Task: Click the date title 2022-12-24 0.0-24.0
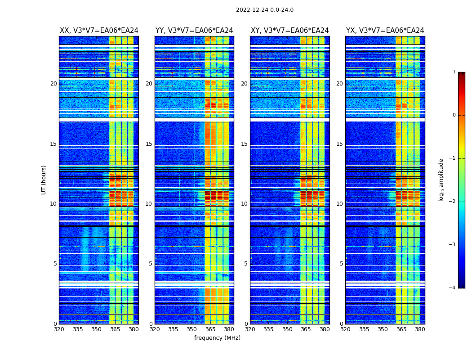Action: (x=265, y=10)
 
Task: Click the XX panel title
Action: (x=99, y=31)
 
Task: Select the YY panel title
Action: (x=194, y=31)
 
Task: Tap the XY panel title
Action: (x=289, y=31)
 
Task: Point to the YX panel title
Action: (x=385, y=31)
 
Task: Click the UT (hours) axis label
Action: (x=44, y=180)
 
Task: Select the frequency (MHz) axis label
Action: (x=217, y=338)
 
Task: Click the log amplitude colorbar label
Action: (x=441, y=180)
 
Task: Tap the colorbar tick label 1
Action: (x=454, y=72)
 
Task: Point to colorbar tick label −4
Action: (x=452, y=288)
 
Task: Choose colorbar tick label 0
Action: (x=454, y=115)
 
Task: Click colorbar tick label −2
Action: (x=452, y=202)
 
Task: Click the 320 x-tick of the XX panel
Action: (x=59, y=329)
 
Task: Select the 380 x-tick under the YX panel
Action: (x=420, y=329)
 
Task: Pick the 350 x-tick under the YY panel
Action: (x=192, y=329)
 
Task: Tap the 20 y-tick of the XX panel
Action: (x=53, y=84)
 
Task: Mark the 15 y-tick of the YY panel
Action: (x=149, y=144)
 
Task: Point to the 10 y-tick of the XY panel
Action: (x=244, y=204)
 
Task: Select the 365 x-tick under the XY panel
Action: (x=306, y=329)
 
